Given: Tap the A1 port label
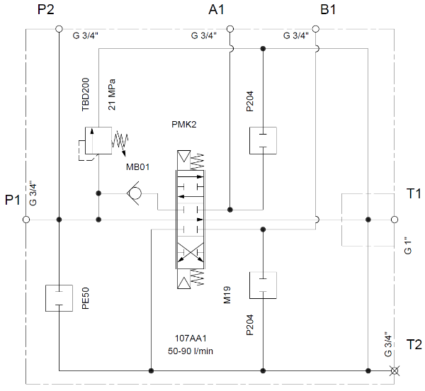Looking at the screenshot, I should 216,10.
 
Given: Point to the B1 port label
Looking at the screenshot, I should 329,10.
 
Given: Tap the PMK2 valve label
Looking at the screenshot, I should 183,125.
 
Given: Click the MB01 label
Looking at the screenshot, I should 138,167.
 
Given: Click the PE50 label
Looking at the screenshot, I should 84,297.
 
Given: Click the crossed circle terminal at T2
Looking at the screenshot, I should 395,370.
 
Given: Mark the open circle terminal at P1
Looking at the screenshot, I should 26,220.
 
